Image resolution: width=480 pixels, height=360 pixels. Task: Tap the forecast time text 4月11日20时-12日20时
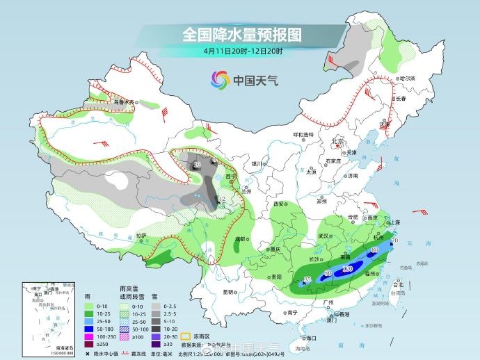coord(243,51)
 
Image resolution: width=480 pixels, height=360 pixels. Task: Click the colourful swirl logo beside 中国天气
coord(221,80)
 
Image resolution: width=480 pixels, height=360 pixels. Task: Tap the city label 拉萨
coord(142,236)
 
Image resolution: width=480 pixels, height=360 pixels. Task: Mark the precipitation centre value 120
coord(349,268)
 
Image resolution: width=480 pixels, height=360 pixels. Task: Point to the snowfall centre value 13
coord(197,164)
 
